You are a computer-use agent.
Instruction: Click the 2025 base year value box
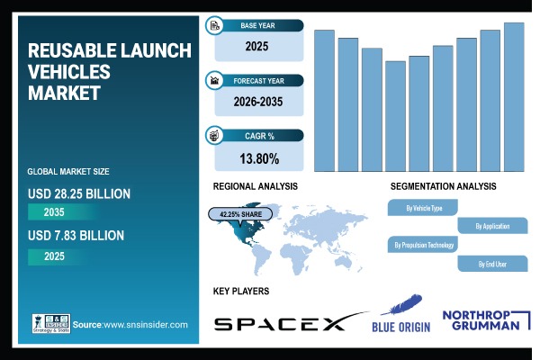(258, 45)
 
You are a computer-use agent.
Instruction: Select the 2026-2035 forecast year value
(258, 102)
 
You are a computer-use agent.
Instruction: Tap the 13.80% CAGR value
(258, 158)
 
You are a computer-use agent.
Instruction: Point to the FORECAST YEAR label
(261, 80)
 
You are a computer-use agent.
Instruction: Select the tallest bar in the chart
(514, 96)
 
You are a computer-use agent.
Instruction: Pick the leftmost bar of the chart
(324, 100)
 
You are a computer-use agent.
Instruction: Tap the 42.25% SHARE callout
(238, 214)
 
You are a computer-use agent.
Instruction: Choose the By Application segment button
(491, 226)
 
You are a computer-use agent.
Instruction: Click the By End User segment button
(491, 264)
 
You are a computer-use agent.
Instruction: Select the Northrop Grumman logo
(481, 320)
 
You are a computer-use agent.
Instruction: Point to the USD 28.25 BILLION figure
(79, 193)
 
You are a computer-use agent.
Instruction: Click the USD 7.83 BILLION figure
(76, 236)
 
